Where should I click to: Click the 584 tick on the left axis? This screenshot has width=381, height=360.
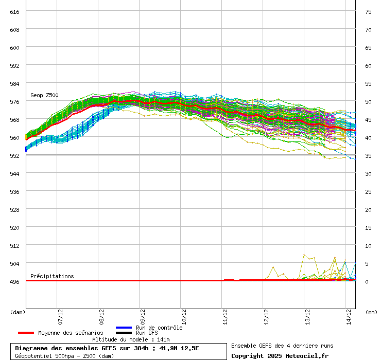click(14, 83)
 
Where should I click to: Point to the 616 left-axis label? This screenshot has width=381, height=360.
click(14, 11)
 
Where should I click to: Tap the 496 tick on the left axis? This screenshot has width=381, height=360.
click(14, 281)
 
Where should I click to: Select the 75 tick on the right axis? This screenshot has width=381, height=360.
click(368, 11)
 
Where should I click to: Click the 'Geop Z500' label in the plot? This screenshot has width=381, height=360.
click(44, 95)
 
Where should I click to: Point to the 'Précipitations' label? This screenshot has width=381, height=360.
click(52, 276)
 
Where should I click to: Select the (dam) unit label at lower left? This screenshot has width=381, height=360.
click(18, 312)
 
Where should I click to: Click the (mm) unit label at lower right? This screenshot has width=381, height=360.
click(370, 312)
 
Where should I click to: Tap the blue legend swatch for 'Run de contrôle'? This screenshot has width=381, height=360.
click(124, 328)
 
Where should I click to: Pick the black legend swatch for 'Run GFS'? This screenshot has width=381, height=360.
click(124, 333)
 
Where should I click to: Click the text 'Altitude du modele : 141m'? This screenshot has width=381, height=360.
click(131, 339)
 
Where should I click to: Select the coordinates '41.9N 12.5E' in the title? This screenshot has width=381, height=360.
click(177, 348)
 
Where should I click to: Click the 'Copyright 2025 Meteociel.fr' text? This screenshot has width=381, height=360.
click(280, 355)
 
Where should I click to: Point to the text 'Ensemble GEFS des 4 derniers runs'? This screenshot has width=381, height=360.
click(282, 346)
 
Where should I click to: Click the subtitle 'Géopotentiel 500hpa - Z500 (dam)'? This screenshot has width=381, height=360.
click(64, 355)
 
